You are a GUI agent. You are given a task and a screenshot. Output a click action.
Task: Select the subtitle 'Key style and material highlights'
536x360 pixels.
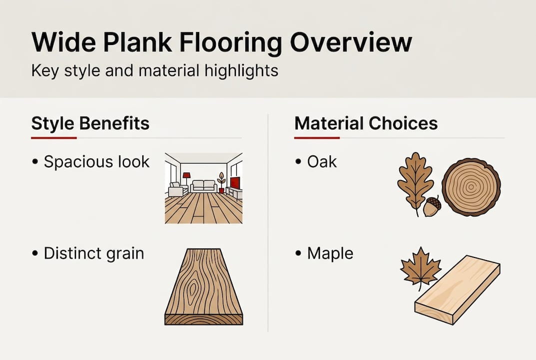[x=154, y=70]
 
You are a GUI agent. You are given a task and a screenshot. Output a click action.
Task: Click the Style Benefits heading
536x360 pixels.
[x=90, y=123]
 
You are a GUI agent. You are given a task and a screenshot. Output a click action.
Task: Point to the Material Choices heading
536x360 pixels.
[x=366, y=123]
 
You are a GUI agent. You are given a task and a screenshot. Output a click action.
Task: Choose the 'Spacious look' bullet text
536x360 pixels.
[x=96, y=162]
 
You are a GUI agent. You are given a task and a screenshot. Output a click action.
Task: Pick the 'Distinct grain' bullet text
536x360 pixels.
[x=93, y=253]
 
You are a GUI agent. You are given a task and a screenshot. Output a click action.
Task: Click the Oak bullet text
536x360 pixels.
[x=322, y=162]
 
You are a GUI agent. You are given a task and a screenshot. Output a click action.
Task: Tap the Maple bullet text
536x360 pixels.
[x=330, y=253]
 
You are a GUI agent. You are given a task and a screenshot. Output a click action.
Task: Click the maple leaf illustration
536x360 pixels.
[x=421, y=267]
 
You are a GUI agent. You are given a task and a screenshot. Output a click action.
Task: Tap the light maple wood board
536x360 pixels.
[x=458, y=289]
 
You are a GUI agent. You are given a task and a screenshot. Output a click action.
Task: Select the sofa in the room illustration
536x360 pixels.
[x=204, y=186]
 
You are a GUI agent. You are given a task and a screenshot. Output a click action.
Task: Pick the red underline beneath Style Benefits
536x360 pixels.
[x=53, y=137]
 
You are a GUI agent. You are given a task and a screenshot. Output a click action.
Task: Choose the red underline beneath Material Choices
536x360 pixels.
[x=317, y=137]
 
